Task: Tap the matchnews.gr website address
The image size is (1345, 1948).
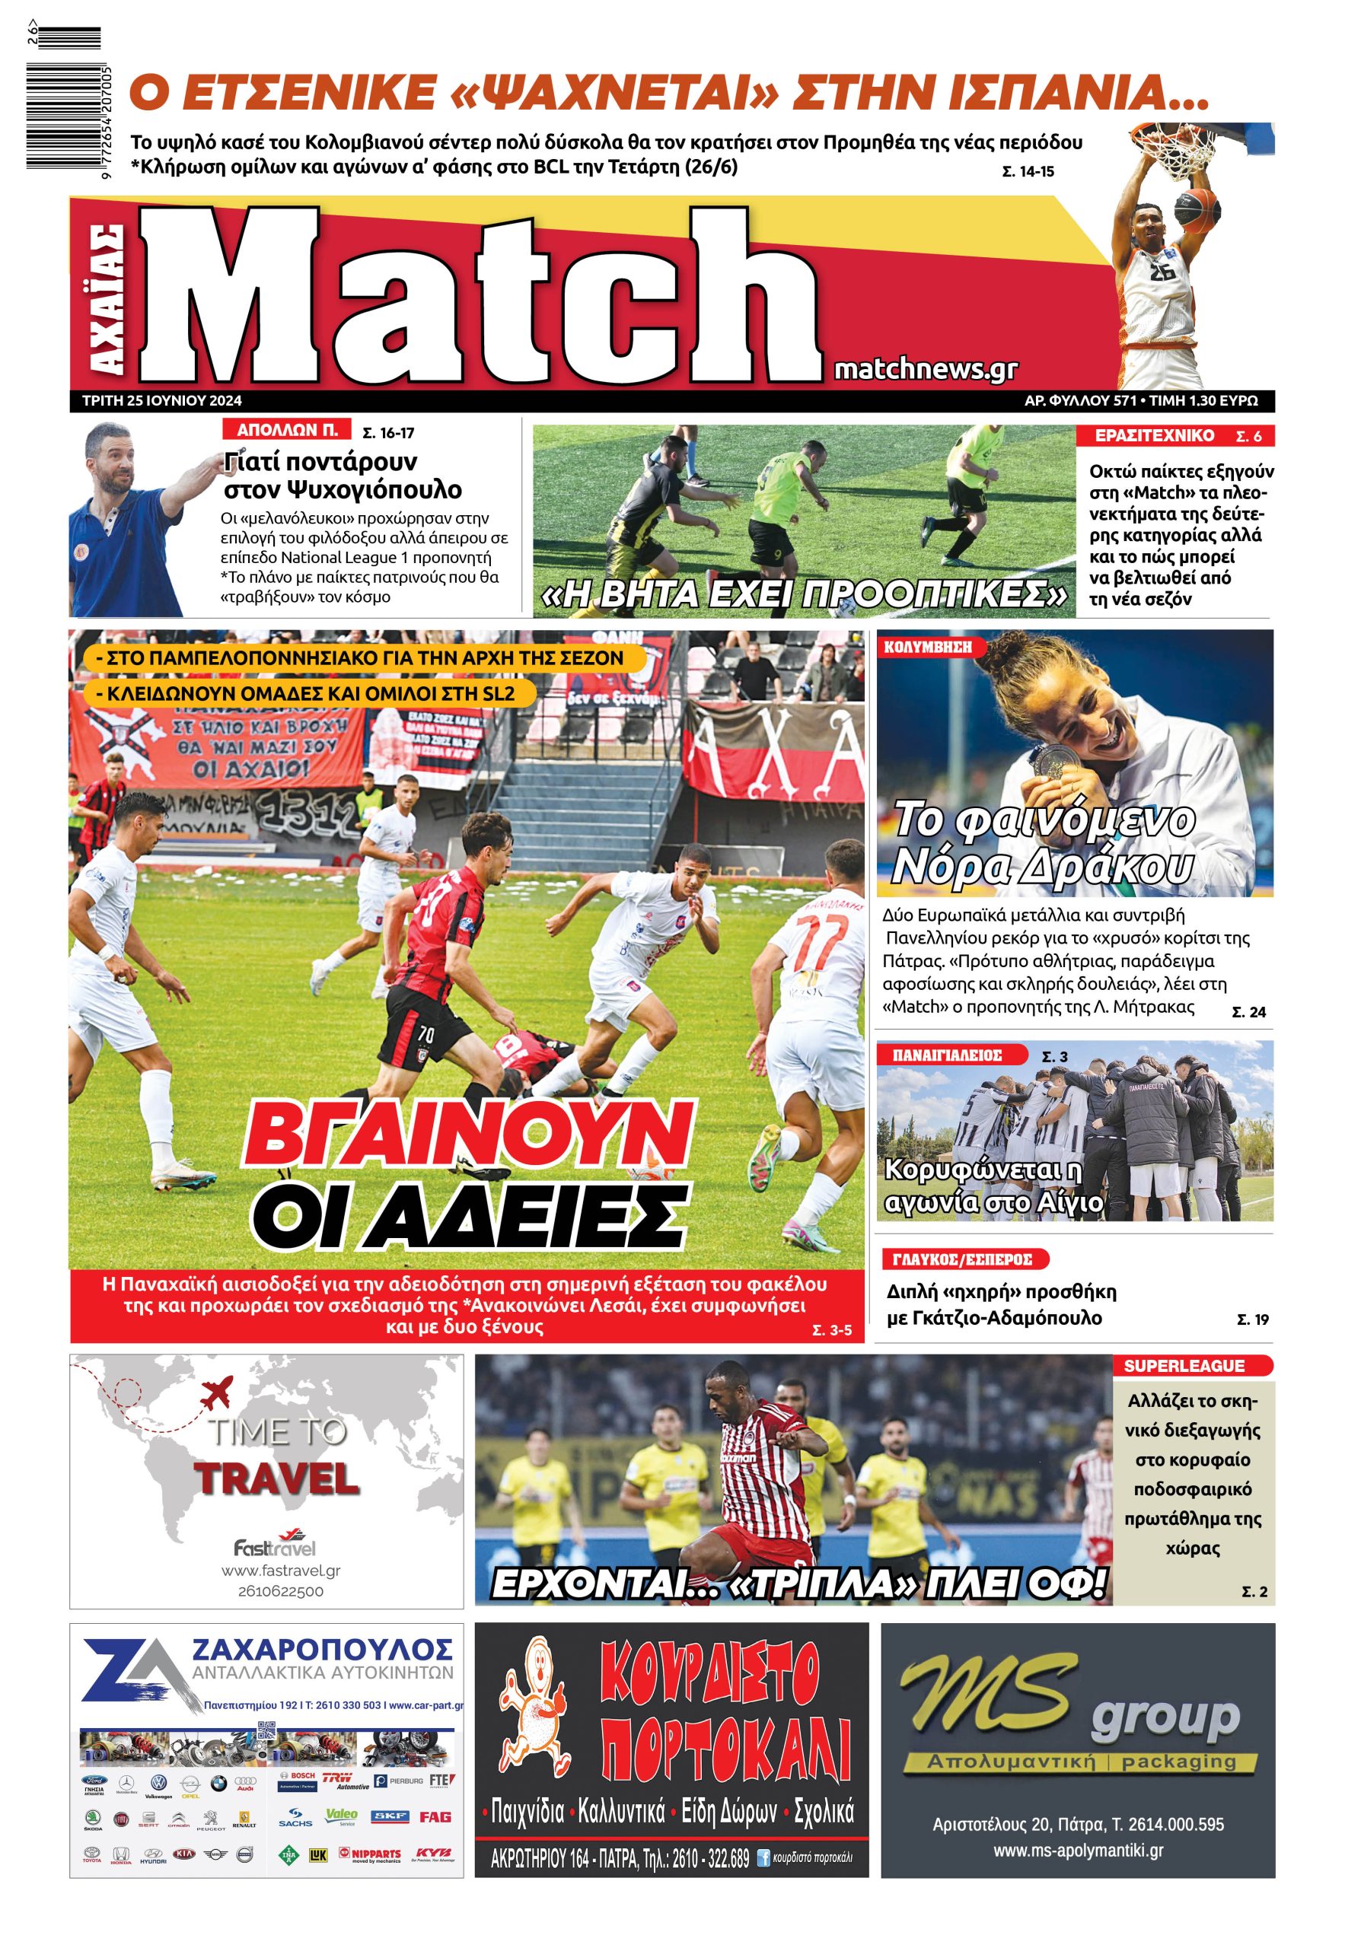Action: coord(926,369)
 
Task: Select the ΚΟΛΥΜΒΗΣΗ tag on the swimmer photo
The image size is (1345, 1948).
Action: coord(928,646)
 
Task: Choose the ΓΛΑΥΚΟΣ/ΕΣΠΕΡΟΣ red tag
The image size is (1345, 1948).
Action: coord(962,1259)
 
